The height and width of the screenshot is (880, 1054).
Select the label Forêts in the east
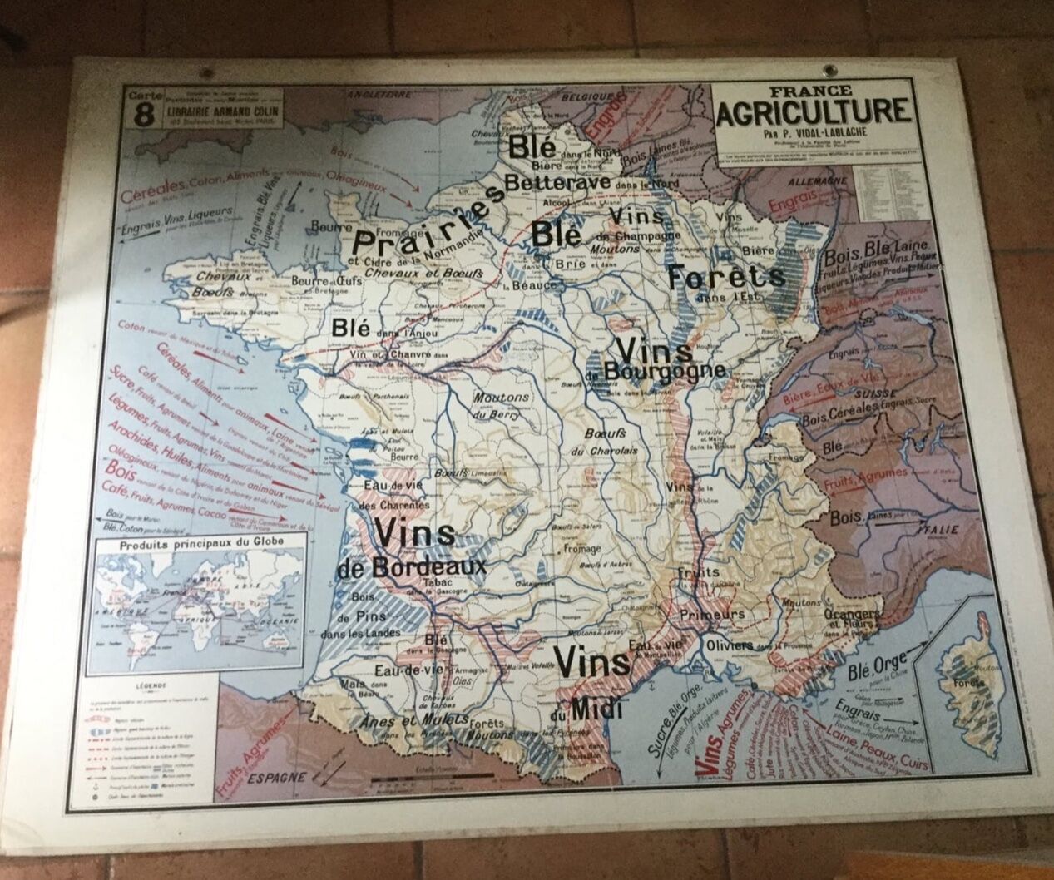725,276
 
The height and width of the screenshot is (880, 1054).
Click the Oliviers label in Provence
729,645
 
